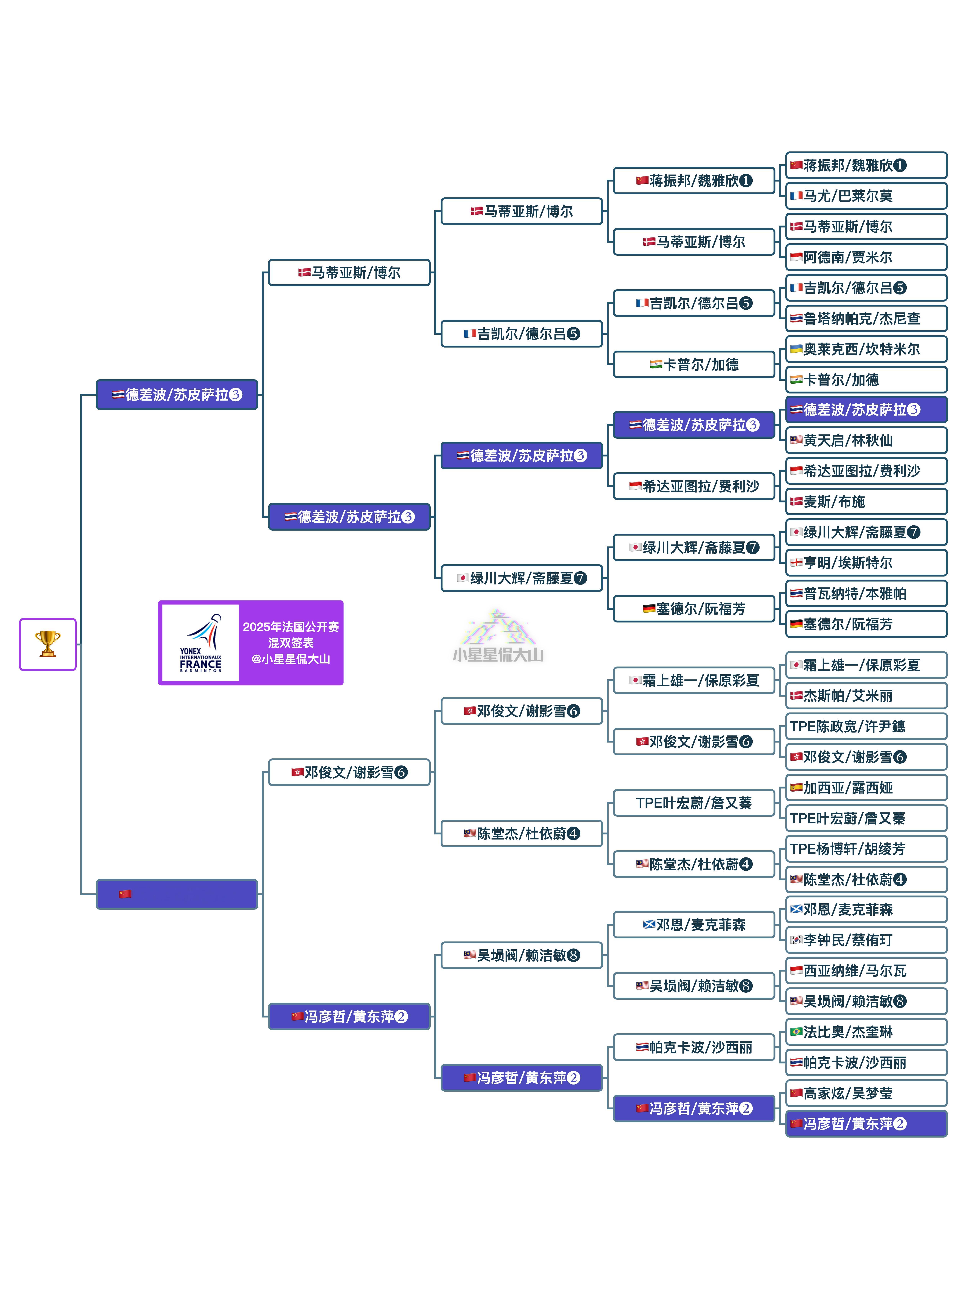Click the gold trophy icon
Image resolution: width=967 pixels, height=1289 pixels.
(48, 644)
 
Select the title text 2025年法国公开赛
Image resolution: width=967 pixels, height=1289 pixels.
(291, 627)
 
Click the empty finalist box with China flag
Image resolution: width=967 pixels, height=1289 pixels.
(177, 894)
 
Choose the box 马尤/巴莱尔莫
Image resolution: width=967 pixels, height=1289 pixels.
(866, 196)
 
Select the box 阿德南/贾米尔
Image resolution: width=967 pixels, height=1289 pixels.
(866, 257)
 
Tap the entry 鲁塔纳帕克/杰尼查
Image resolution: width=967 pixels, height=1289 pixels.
(866, 318)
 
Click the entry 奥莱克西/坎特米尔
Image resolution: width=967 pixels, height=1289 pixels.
(866, 349)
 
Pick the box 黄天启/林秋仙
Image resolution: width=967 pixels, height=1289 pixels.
(866, 441)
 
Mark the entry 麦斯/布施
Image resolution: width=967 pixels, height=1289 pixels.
(866, 502)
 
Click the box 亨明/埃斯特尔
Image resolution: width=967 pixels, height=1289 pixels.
(866, 563)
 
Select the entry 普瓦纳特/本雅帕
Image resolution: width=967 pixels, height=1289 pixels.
(866, 593)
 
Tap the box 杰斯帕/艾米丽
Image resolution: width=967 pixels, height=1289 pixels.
(866, 696)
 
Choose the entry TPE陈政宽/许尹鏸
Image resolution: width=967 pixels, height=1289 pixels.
(866, 726)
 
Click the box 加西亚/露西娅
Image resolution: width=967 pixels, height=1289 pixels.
(866, 788)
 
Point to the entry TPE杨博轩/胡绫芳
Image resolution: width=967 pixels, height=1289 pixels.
(866, 849)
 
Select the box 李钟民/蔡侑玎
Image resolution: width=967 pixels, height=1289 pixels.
(866, 940)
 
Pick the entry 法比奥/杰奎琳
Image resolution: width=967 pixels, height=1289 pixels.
(866, 1032)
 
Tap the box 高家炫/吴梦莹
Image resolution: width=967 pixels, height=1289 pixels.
(866, 1093)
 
